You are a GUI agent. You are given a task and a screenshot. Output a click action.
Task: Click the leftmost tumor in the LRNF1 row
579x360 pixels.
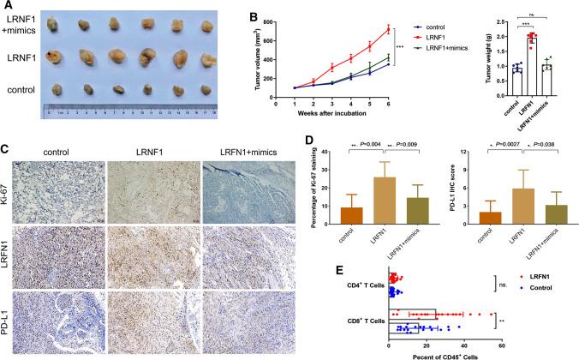pos(57,59)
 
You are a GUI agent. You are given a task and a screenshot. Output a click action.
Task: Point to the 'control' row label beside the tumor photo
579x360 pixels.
pos(21,89)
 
